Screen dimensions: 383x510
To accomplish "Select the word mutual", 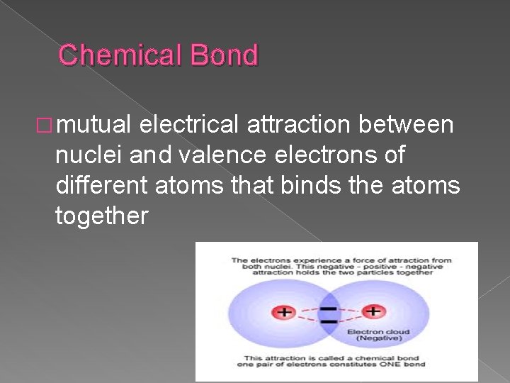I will tap(94, 126).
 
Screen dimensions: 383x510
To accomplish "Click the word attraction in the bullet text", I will tap(298, 126).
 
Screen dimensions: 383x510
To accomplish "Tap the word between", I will tap(406, 126).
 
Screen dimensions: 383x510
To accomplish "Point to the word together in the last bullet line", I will tap(101, 215).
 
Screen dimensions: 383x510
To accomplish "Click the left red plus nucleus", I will tap(285, 312).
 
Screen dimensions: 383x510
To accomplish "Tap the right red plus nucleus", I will tap(373, 311).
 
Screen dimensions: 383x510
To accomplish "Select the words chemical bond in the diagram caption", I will tap(389, 358).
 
